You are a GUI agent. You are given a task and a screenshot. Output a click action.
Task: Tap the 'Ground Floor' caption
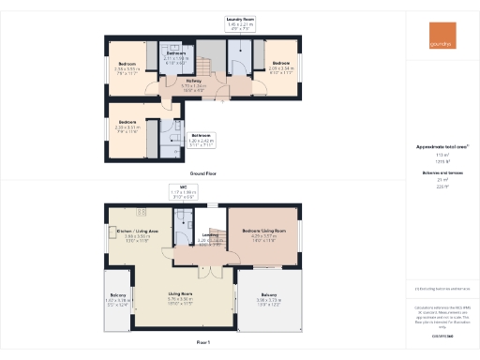(203, 174)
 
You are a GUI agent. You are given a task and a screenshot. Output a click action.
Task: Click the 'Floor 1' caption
(203, 344)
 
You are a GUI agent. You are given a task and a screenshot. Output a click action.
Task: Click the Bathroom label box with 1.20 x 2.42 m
(200, 140)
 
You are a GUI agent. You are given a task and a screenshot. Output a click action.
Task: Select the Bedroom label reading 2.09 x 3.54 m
(280, 67)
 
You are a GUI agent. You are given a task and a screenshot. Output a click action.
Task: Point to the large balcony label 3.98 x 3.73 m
(268, 303)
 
